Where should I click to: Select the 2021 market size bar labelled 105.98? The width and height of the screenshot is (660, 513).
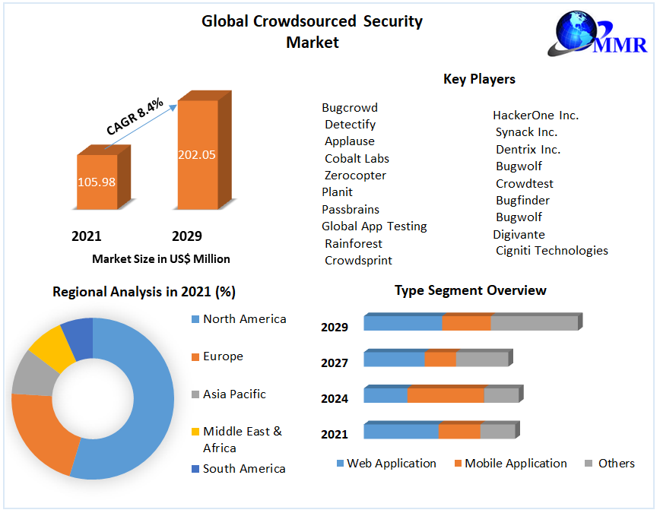(x=97, y=182)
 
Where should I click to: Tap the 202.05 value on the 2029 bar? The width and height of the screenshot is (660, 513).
(x=197, y=154)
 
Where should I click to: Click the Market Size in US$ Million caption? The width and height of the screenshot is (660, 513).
(x=161, y=259)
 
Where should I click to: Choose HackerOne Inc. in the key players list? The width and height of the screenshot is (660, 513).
(x=535, y=116)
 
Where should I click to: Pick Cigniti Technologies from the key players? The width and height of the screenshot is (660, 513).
(x=551, y=250)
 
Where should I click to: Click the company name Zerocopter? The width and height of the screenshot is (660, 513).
(x=355, y=176)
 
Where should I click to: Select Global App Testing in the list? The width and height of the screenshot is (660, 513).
(x=374, y=226)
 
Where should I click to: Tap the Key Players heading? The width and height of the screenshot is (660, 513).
(x=479, y=79)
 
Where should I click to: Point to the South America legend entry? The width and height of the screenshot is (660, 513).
(x=244, y=469)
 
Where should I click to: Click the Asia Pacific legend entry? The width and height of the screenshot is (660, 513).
(x=234, y=394)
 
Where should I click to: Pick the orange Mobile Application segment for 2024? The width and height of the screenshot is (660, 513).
(x=446, y=395)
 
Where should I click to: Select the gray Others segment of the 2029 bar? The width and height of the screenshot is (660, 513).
(x=534, y=323)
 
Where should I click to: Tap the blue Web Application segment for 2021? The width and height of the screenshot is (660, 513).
(x=401, y=432)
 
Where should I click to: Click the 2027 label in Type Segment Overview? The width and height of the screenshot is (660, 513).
(x=335, y=363)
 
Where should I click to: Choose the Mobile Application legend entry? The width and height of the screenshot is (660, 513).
(x=516, y=464)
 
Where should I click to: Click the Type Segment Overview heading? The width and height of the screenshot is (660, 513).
(x=470, y=290)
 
